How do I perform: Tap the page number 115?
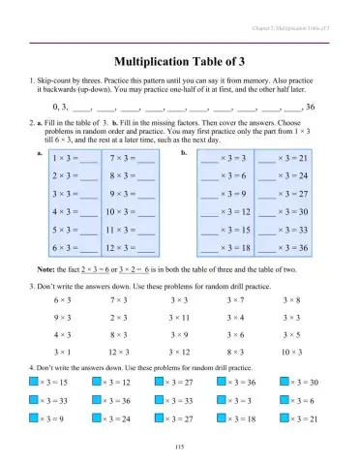point(180,445)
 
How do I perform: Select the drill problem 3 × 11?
point(180,317)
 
